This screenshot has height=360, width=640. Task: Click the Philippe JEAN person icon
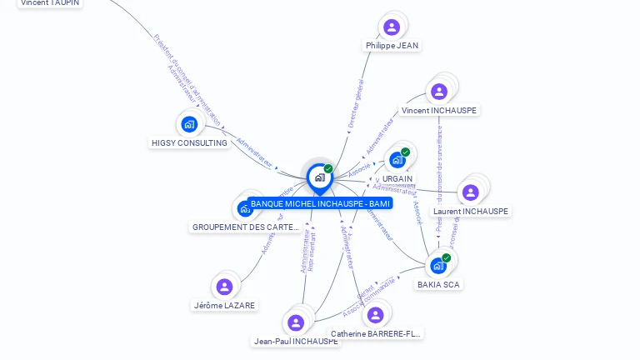click(x=392, y=27)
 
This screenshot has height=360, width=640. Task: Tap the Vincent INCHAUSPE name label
click(x=439, y=110)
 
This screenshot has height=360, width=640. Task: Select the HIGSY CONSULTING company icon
click(x=189, y=125)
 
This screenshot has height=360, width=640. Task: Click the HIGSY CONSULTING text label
click(x=189, y=142)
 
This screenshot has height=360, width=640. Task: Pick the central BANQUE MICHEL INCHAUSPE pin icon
click(x=319, y=177)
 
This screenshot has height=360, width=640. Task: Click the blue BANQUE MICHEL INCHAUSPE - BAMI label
click(x=320, y=203)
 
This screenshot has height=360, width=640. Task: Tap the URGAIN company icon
click(x=397, y=159)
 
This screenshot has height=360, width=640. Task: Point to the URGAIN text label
click(x=397, y=178)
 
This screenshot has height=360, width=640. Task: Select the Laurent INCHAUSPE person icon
click(x=471, y=192)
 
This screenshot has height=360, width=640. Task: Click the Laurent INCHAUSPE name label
click(x=471, y=211)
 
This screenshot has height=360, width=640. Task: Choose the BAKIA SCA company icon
click(x=438, y=266)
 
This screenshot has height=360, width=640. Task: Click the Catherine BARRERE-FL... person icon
click(x=375, y=315)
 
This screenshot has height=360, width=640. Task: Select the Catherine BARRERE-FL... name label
click(x=376, y=333)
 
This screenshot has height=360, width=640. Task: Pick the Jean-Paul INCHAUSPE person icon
click(x=296, y=322)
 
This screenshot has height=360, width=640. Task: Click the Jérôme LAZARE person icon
click(x=224, y=287)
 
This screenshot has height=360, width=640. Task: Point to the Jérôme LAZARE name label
click(x=224, y=305)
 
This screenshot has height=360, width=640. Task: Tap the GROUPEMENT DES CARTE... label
click(x=246, y=227)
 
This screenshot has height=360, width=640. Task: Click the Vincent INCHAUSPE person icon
click(x=439, y=91)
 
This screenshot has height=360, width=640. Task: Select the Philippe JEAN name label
click(x=392, y=45)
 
